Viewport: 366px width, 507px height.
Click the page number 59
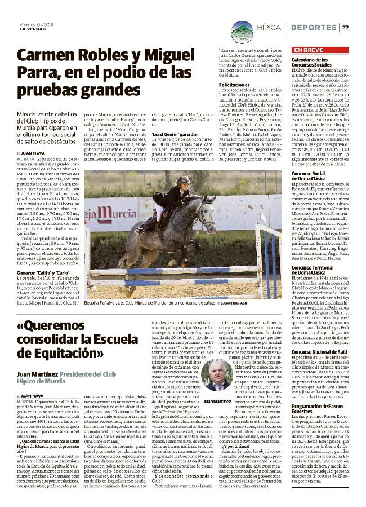(346, 26)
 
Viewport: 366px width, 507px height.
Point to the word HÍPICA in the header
(268, 27)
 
